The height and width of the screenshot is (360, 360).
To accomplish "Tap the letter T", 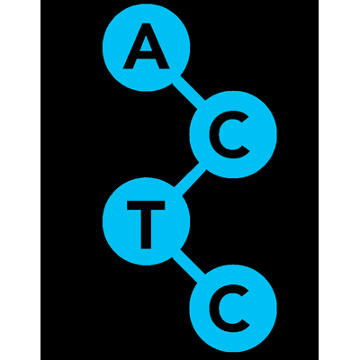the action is point(146,225).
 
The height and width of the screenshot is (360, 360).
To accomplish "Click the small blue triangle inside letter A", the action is point(146,45).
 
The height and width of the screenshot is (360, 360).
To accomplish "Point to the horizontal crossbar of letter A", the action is point(146,55).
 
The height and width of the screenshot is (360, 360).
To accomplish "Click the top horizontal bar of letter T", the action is point(146,205).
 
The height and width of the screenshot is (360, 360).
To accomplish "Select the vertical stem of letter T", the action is point(146,229).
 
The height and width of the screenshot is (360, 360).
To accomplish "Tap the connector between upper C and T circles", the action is point(190,179).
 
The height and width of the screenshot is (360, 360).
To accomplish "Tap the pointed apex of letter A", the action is point(146,24).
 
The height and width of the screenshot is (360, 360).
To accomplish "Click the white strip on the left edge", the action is point(20,180).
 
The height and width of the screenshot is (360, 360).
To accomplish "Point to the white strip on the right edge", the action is point(339,180).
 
